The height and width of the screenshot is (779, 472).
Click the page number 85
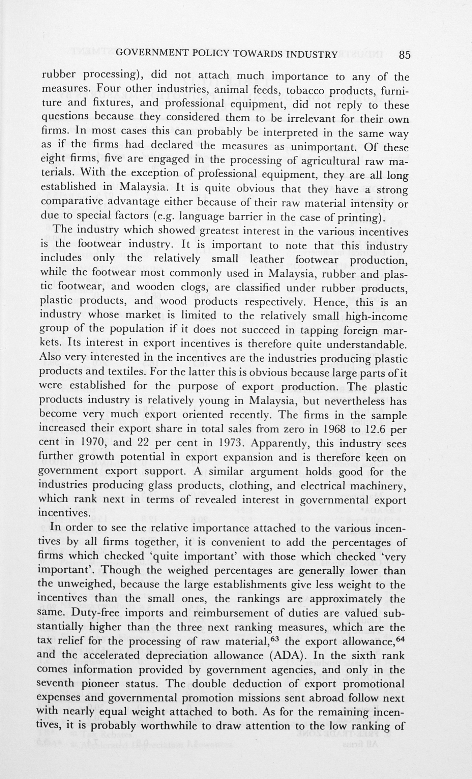404,55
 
